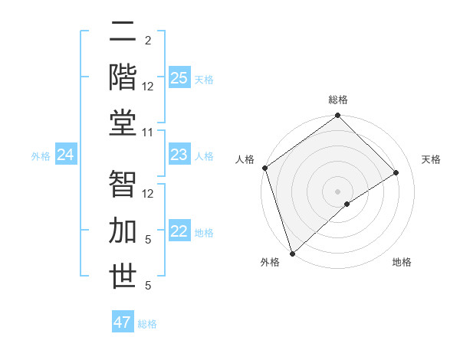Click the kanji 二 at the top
point(123,31)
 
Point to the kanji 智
point(123,184)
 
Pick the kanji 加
point(123,231)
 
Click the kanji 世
point(123,276)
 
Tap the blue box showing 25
point(179,77)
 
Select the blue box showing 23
point(179,155)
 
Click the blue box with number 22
point(179,232)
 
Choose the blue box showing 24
point(65,155)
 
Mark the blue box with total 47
point(123,322)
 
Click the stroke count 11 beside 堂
point(148,133)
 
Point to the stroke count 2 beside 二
point(148,40)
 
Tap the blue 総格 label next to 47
point(147,324)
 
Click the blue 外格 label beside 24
point(41,156)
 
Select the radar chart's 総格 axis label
point(337,100)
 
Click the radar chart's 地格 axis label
point(402,262)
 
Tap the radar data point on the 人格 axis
point(264,168)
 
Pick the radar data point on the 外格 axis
point(292,252)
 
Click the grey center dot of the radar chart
point(337,191)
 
